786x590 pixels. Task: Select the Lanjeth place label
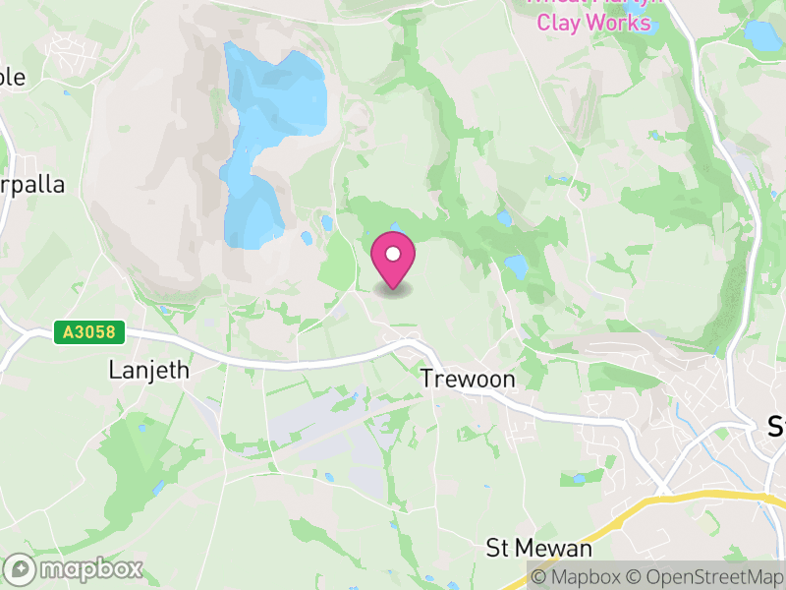coord(148,370)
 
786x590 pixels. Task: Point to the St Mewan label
coord(539,548)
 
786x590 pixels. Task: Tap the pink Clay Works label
coord(593,21)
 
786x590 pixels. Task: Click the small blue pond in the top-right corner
coord(761,36)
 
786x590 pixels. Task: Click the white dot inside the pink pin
coord(393,254)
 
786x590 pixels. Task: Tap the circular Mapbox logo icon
coord(20,569)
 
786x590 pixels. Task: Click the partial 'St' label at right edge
coord(775,427)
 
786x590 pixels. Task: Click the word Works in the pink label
coord(622,21)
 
